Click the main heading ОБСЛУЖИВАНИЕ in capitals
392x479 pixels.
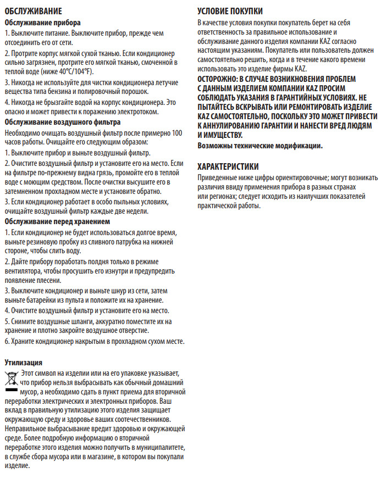click(x=33, y=10)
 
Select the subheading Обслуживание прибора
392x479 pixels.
click(x=42, y=23)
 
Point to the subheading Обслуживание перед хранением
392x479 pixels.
click(x=57, y=221)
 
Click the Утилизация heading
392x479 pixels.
click(x=24, y=363)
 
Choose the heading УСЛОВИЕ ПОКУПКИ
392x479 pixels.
click(x=230, y=10)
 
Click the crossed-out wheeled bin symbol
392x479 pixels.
click(x=11, y=378)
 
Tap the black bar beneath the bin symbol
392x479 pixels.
click(x=11, y=388)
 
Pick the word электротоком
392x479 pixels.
click(x=136, y=112)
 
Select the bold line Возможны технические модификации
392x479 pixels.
click(x=260, y=146)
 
